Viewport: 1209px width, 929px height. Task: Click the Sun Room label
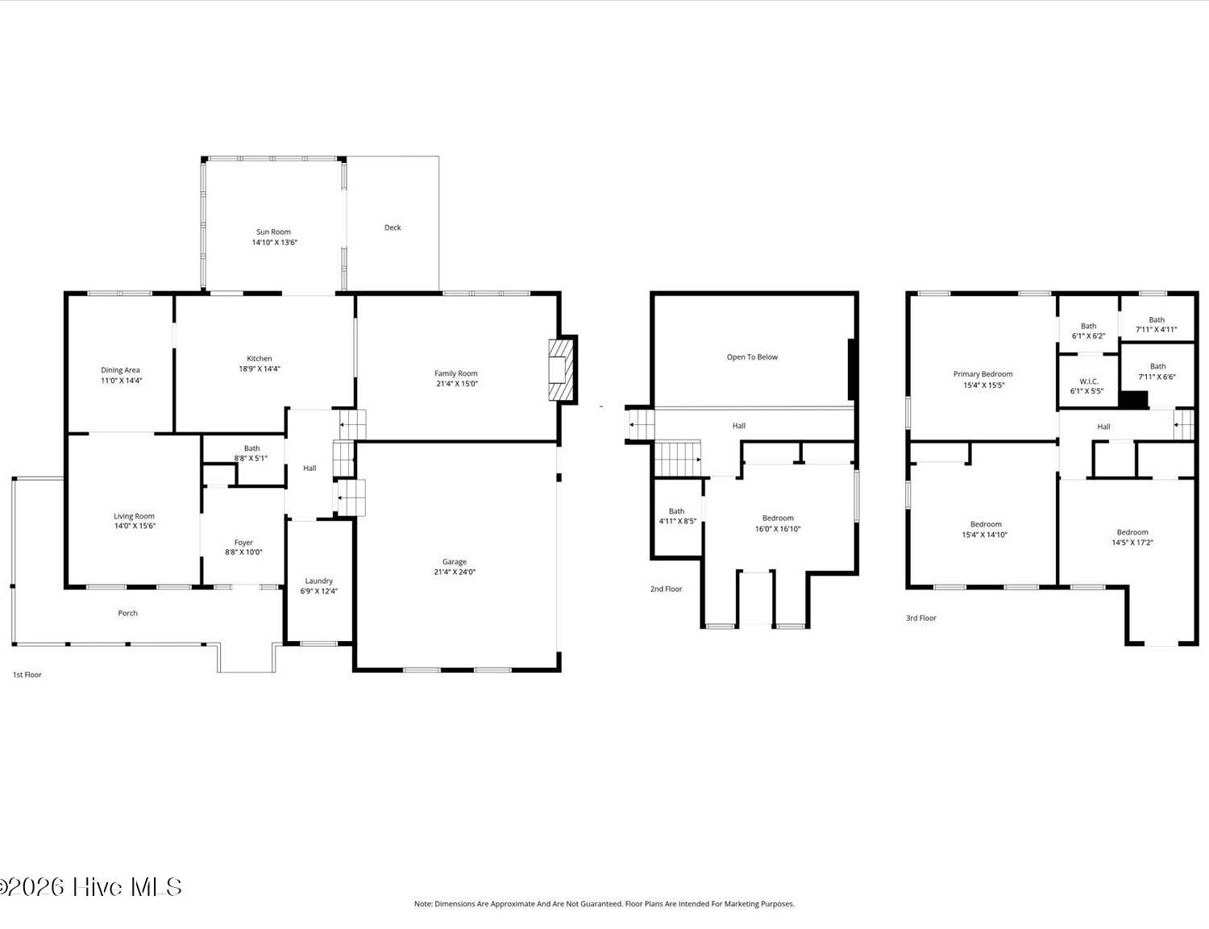274,231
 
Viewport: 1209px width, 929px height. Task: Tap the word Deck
393,227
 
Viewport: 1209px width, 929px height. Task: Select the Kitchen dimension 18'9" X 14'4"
260,369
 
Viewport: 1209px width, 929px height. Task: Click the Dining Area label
120,369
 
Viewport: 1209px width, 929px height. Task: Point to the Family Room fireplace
562,369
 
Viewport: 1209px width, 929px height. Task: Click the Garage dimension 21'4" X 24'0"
455,572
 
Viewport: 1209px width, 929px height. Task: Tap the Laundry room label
319,581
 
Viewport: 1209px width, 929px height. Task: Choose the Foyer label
243,542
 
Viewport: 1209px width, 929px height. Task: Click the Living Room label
134,516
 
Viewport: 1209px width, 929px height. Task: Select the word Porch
127,613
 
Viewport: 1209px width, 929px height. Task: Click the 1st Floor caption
27,675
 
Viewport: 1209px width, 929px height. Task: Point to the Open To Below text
752,356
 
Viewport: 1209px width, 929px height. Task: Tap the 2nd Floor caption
666,589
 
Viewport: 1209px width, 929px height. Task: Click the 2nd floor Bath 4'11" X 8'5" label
677,516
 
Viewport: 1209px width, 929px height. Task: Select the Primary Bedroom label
983,374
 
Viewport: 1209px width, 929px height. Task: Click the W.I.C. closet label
1089,381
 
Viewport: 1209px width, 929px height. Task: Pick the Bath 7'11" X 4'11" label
1157,324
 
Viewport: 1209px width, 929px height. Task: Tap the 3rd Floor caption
921,618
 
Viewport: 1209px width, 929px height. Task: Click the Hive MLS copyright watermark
91,887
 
